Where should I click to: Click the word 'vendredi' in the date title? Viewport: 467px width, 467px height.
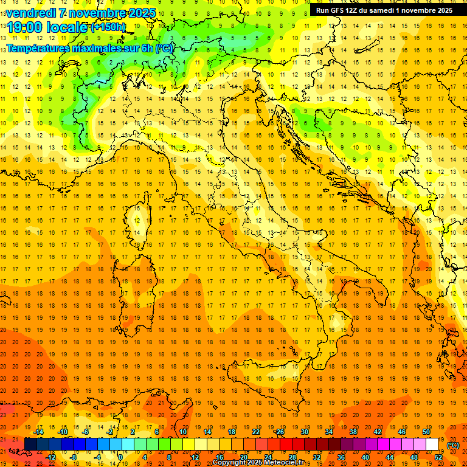(x=30, y=13)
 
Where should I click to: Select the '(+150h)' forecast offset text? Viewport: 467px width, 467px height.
(x=108, y=27)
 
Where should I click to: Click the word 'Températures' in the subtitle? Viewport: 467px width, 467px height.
(x=38, y=48)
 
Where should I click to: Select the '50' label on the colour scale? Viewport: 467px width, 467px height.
(x=426, y=432)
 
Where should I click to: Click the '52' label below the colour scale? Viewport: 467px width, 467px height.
(x=438, y=457)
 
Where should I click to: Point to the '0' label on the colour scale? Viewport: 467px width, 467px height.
(x=121, y=457)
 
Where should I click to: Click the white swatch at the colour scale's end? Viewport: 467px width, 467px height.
(x=432, y=444)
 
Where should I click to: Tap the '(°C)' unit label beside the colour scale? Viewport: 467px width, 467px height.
(x=453, y=445)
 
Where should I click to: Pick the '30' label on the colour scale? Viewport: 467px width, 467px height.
(x=305, y=432)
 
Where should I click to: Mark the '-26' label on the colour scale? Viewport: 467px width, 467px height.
(x=279, y=432)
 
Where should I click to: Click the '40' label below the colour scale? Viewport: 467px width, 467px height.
(x=365, y=457)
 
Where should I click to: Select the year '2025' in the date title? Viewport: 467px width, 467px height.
(x=142, y=13)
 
